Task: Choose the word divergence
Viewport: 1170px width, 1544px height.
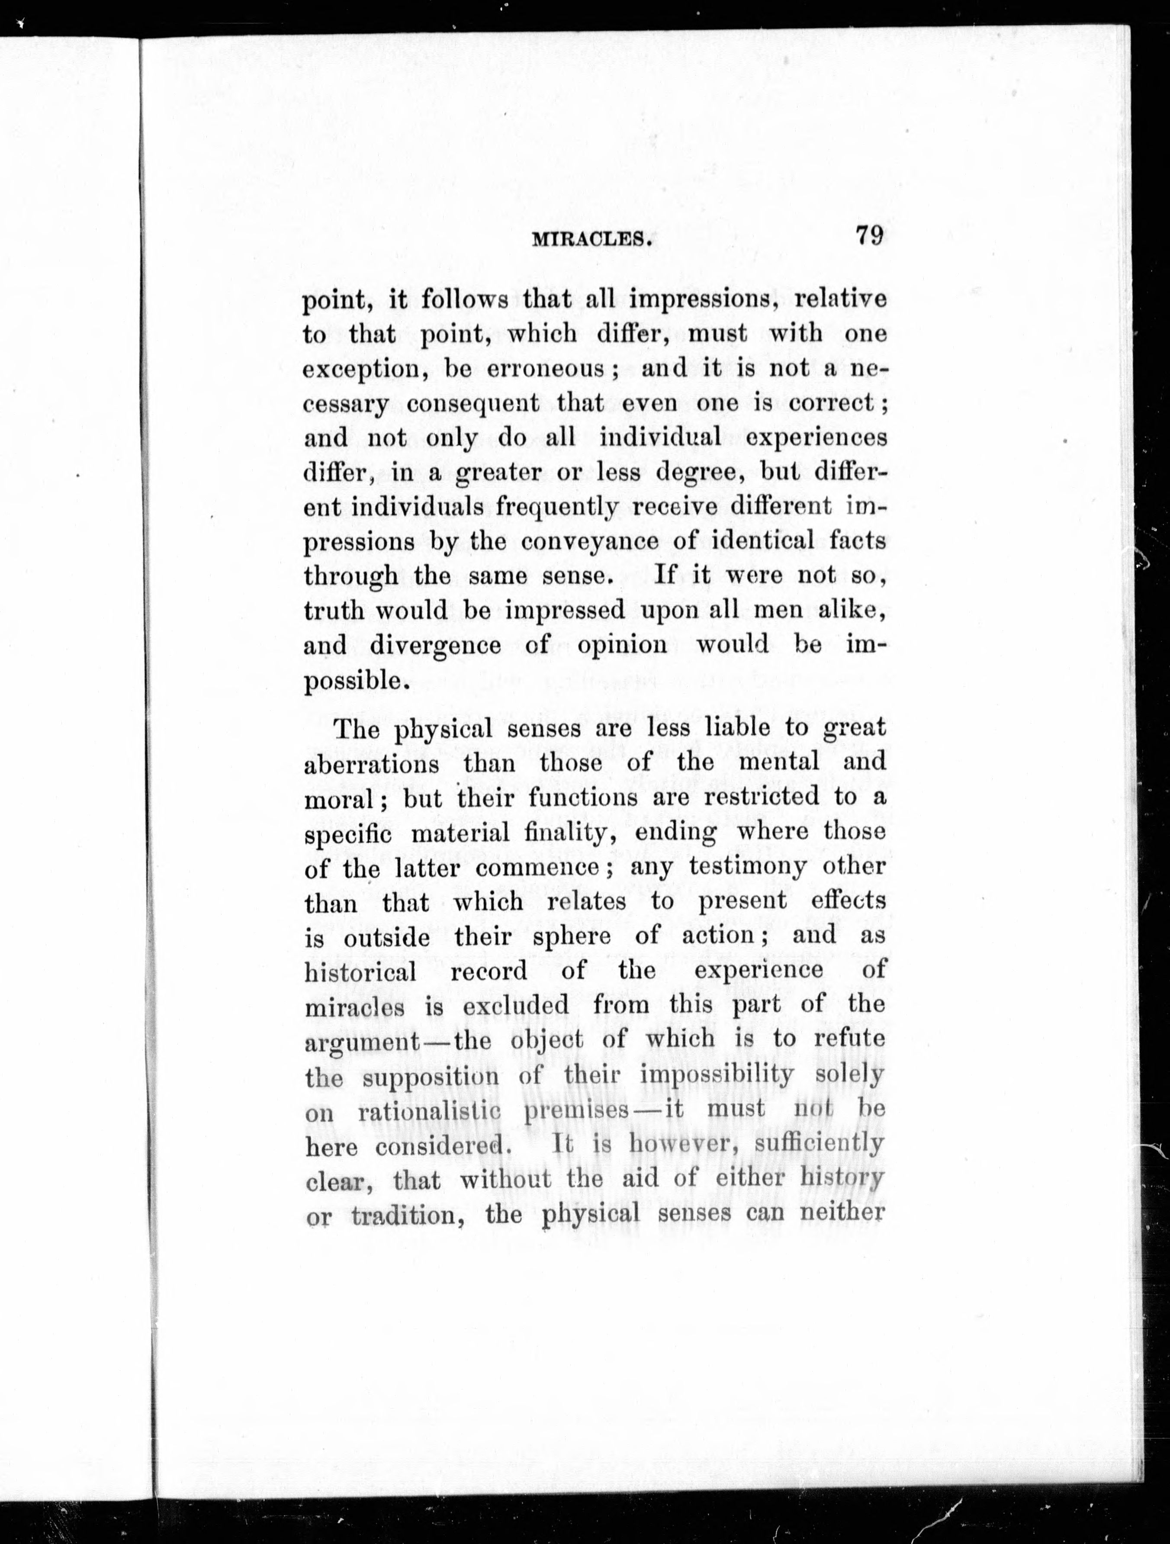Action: pyautogui.click(x=435, y=646)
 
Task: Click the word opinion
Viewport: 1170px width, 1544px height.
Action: pyautogui.click(x=622, y=646)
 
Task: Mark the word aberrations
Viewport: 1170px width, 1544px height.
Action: pyautogui.click(x=372, y=764)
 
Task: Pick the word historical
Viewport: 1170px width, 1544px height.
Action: pyautogui.click(x=360, y=971)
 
